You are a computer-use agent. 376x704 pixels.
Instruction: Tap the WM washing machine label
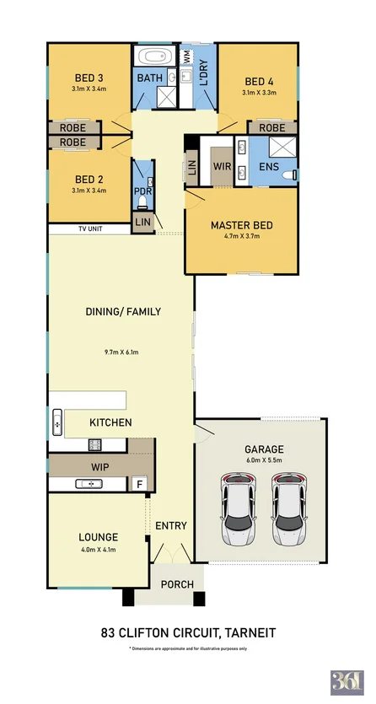pos(186,58)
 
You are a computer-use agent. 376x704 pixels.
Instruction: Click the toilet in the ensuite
pos(289,175)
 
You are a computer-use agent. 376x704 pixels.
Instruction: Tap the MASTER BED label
pos(241,225)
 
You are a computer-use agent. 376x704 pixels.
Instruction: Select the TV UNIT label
pos(90,228)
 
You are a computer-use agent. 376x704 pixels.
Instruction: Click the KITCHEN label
pos(110,422)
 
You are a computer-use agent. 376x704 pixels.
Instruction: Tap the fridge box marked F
pos(140,484)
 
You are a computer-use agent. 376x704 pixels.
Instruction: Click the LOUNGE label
pos(98,536)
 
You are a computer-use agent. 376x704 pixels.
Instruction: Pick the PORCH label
pos(177,584)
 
